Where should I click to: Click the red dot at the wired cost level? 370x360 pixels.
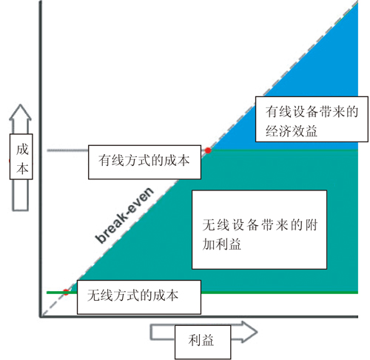[208, 150]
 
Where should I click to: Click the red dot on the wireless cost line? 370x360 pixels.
[66, 292]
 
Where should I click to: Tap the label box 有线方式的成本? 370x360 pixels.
[144, 162]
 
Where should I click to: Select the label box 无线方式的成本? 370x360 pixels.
[139, 297]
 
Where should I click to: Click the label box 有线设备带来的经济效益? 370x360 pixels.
[312, 119]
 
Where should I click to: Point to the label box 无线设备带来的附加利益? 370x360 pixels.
[260, 230]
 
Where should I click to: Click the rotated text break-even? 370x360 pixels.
[124, 215]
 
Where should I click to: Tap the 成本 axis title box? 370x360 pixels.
[21, 156]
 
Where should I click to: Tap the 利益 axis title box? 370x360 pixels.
[203, 342]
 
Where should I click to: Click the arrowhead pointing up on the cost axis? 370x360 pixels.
[20, 113]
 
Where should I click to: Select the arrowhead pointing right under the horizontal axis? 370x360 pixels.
[249, 332]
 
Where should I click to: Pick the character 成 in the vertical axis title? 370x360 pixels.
[22, 150]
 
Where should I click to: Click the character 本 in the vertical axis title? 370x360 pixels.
[22, 169]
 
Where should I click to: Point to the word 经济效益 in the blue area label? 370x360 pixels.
[292, 130]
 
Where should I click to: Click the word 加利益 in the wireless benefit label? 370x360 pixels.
[221, 244]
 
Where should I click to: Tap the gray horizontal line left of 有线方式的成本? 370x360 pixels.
[67, 150]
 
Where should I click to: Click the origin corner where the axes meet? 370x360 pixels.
[41, 316]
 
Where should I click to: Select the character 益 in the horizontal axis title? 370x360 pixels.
[208, 340]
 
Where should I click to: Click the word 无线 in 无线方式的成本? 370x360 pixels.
[100, 296]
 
